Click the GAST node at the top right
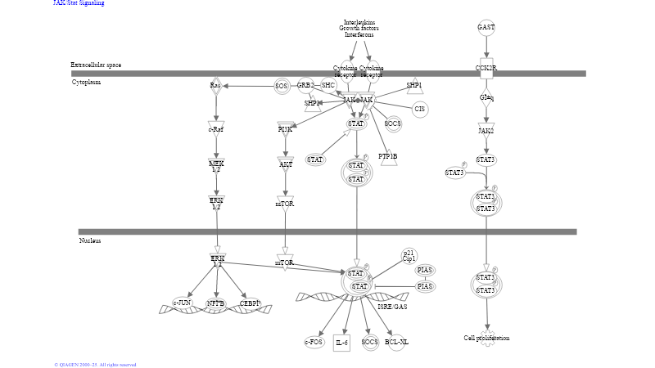(486, 28)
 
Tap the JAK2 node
(486, 130)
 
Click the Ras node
(215, 85)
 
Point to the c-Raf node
(216, 128)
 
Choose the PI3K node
(285, 128)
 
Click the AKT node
(286, 164)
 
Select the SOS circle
(281, 86)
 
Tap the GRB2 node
(305, 85)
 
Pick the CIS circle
(420, 109)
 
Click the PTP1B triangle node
(389, 156)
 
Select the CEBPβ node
(251, 303)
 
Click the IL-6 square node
(341, 342)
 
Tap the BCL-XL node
(395, 342)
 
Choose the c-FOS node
(314, 342)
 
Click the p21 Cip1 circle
(409, 256)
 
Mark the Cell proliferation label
(486, 338)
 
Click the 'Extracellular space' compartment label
(96, 65)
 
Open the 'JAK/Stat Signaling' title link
(79, 3)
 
